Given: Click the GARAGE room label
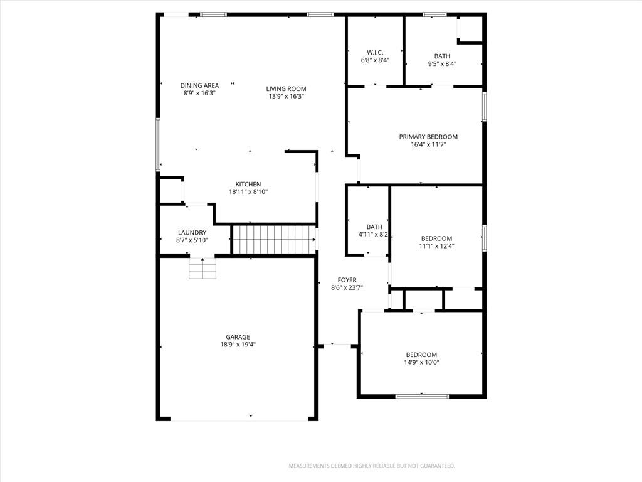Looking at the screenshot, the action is point(238,337).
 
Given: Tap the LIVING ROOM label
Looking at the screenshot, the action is point(286,88).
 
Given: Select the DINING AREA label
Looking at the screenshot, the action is point(199,85).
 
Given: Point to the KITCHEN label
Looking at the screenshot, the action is point(248,184).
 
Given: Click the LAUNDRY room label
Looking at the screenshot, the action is point(192,232).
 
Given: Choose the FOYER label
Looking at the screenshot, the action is point(347,280).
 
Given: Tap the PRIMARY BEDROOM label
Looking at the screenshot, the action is point(428,136).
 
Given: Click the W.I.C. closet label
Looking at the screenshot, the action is point(375,52).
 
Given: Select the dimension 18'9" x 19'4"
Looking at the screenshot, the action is point(238,345).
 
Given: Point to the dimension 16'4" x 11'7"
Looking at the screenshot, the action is point(428,144).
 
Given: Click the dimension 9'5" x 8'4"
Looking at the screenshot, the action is point(442,63).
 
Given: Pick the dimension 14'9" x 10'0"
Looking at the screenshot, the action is point(422,362).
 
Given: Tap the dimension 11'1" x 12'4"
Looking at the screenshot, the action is point(436,246).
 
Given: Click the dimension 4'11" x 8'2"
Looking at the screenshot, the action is point(373,235).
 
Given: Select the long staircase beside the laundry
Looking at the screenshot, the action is point(274,239).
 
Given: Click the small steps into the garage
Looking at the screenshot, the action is point(203,269).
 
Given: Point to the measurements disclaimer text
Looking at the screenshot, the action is point(372,466).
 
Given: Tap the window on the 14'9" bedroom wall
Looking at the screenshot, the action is point(422,397).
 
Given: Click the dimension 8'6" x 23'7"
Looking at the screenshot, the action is point(347,287).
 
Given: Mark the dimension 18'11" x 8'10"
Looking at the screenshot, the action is point(248,191).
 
